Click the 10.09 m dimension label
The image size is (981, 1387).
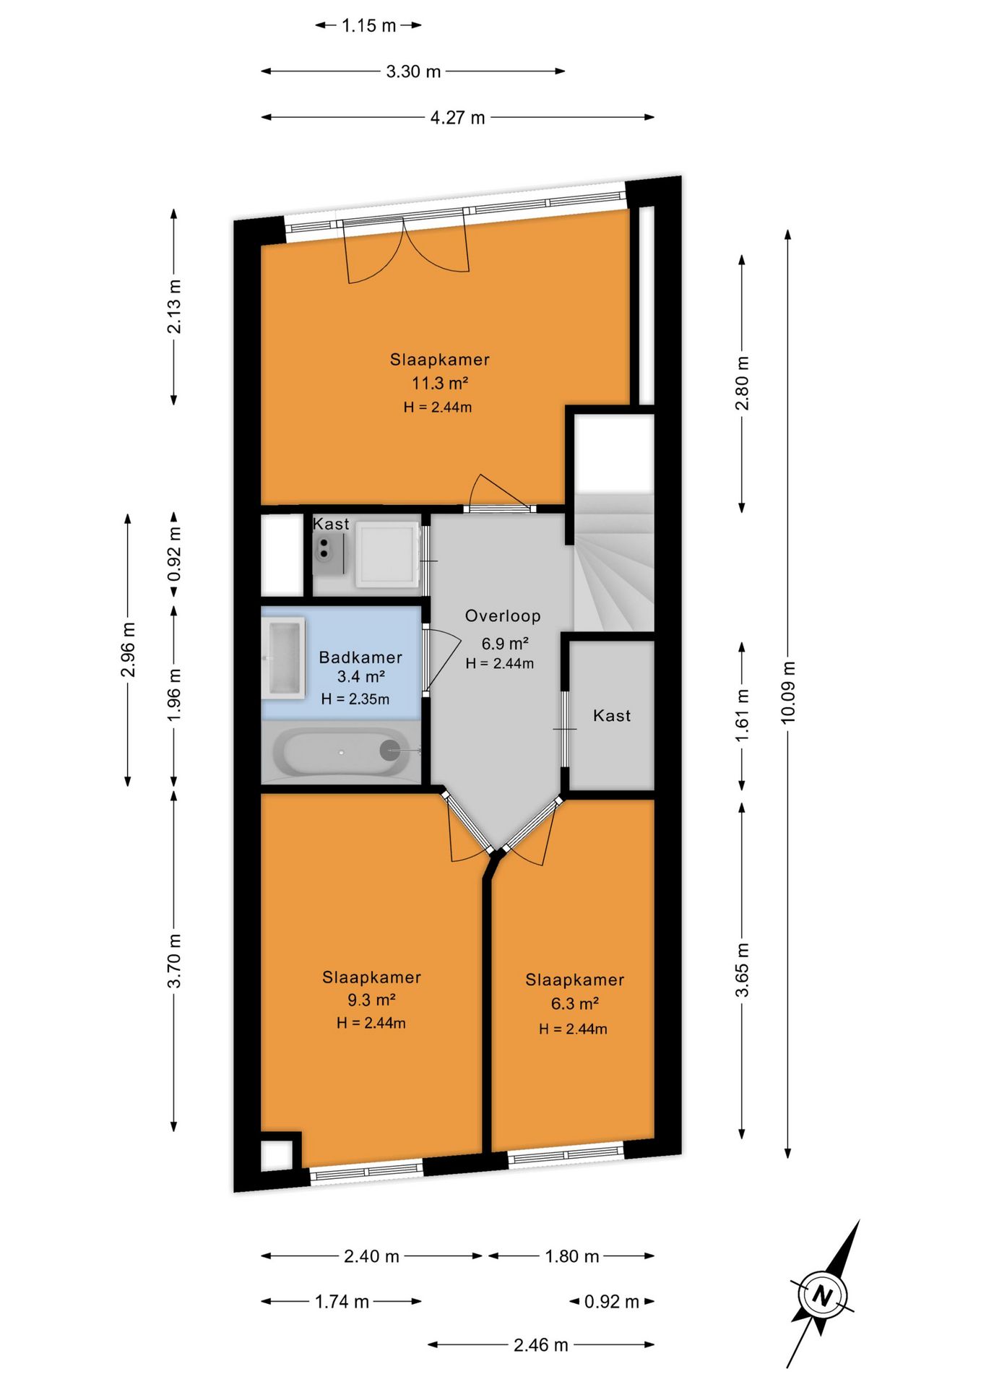tap(787, 691)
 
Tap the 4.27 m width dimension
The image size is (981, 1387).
tap(458, 118)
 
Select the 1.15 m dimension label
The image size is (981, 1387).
tap(369, 26)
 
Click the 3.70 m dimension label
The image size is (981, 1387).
tap(174, 961)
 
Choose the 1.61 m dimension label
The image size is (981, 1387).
tap(742, 715)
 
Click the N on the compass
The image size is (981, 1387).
tap(822, 1295)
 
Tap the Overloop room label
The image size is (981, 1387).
tap(503, 616)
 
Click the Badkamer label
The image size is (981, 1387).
tap(360, 657)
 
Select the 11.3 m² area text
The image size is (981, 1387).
tap(440, 383)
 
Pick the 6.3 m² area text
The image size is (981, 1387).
tap(574, 1003)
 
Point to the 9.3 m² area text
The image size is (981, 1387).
tap(371, 1000)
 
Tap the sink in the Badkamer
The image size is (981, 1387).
tap(283, 658)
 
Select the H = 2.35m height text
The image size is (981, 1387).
tap(355, 699)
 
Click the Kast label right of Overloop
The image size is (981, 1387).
tap(612, 716)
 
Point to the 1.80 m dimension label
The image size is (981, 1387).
tap(572, 1256)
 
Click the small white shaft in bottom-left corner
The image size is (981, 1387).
tap(277, 1154)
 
